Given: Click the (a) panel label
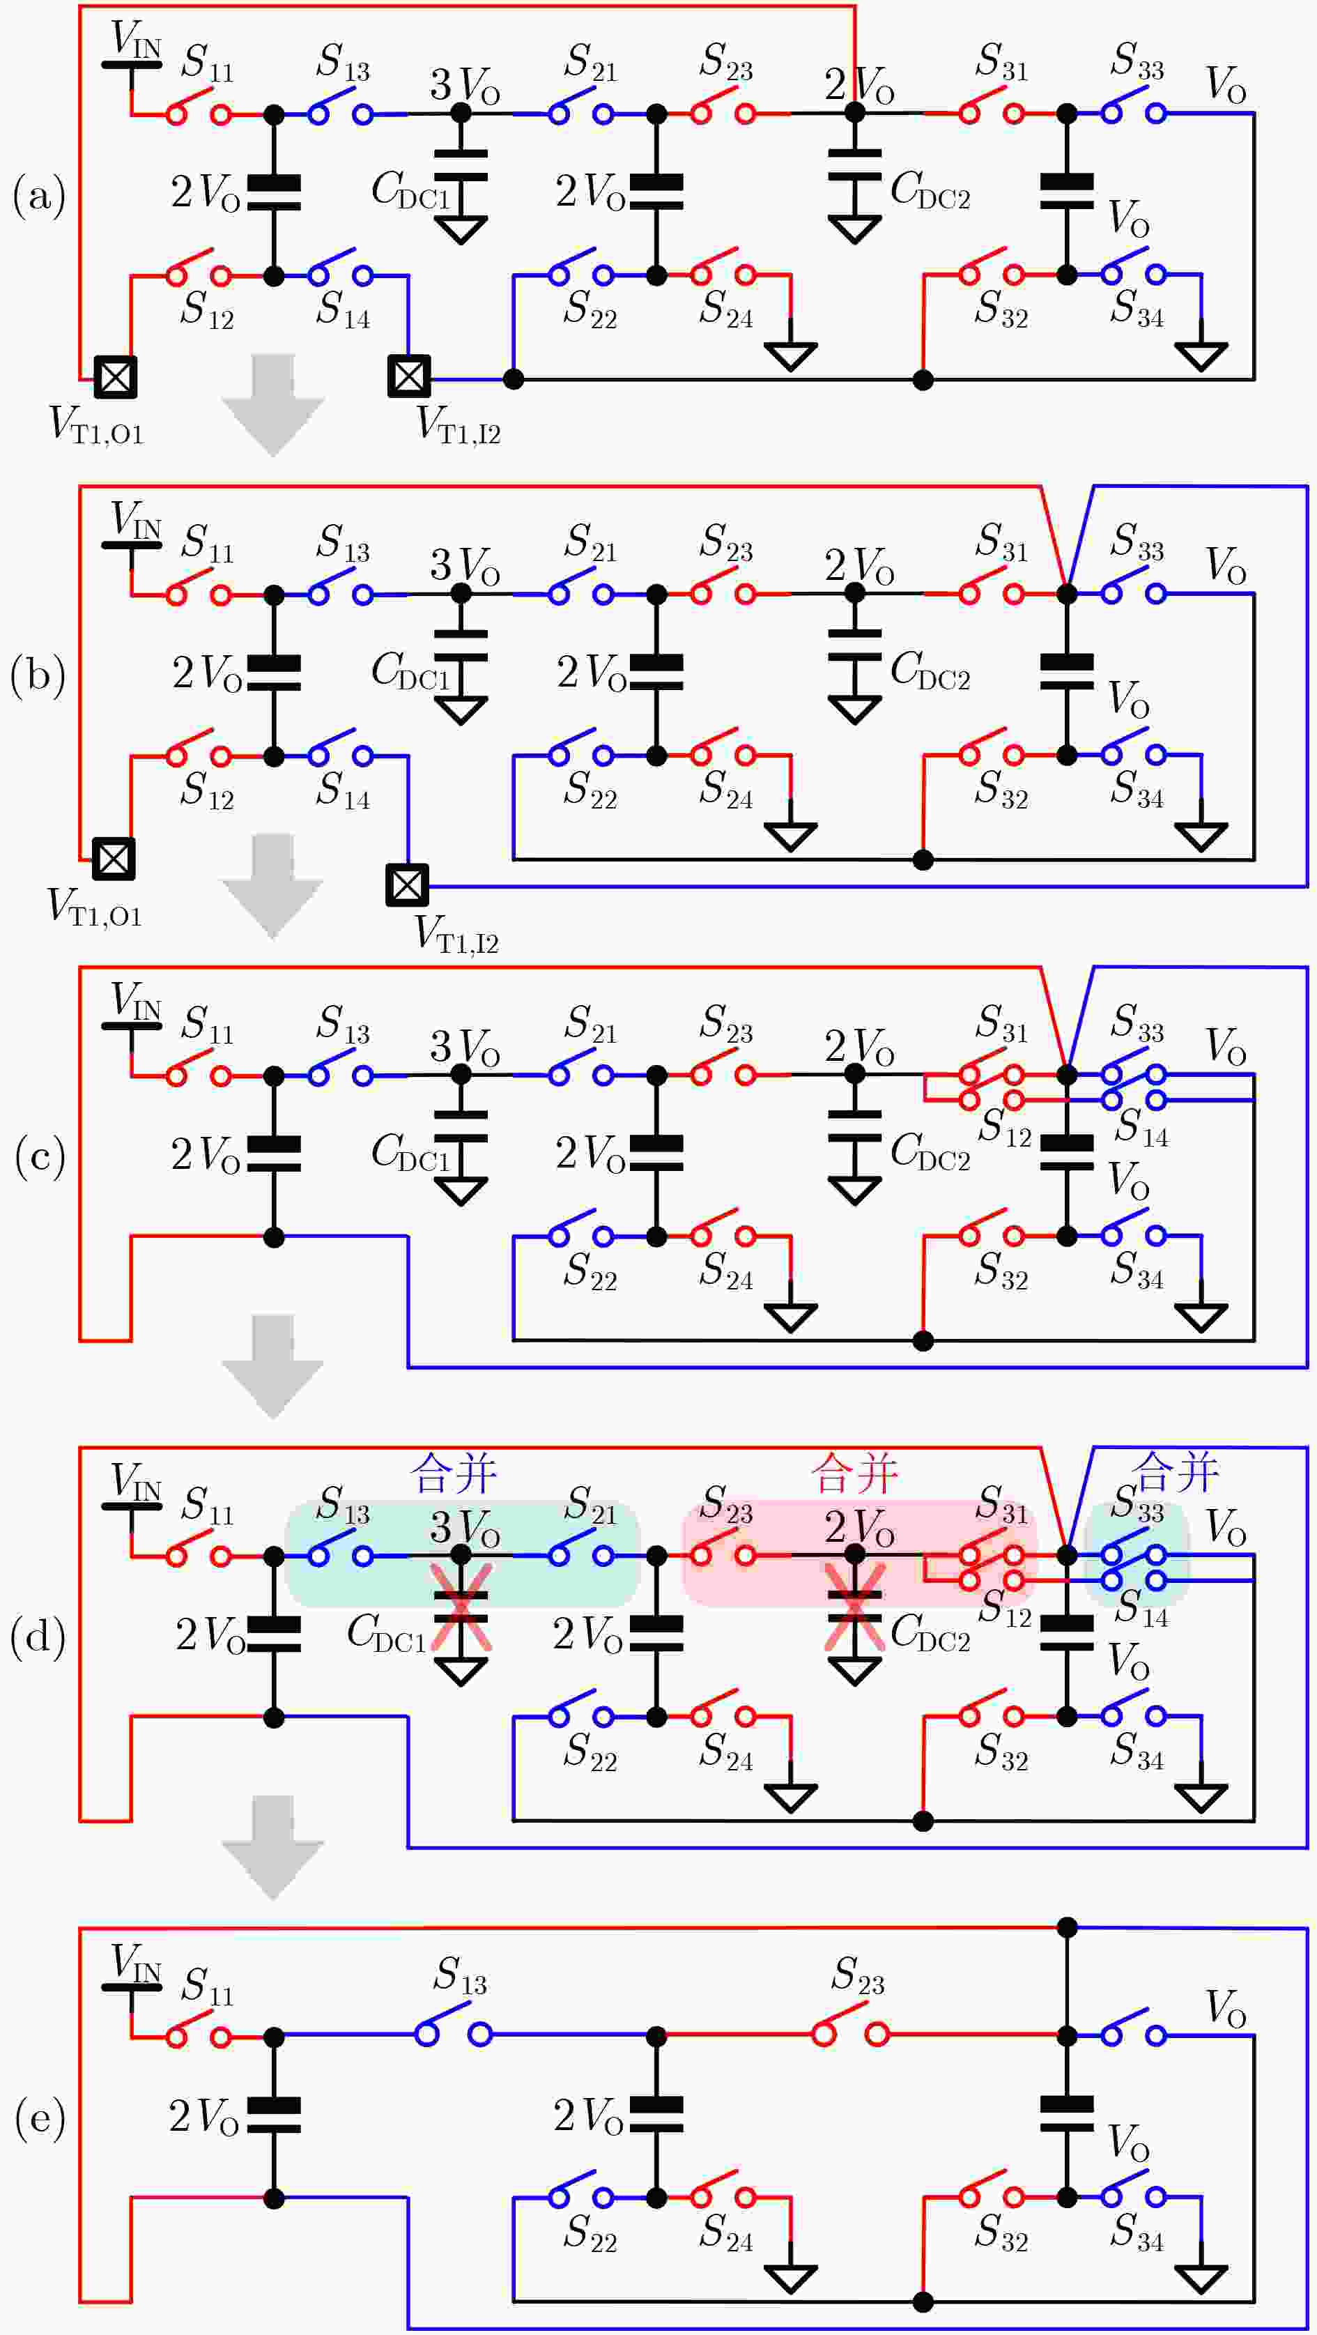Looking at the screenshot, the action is [x=39, y=196].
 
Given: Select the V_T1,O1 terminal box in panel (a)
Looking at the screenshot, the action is [x=114, y=377].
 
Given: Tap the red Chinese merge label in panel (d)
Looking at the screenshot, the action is [x=855, y=1473].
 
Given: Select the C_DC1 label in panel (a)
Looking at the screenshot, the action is [x=410, y=191].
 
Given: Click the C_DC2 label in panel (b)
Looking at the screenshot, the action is [x=930, y=671].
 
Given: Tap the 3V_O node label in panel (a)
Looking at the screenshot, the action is [x=465, y=84].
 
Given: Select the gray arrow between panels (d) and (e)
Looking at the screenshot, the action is [x=273, y=1847].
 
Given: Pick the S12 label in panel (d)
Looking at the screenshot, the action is [x=1004, y=1607].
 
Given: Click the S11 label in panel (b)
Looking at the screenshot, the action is [x=208, y=543].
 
